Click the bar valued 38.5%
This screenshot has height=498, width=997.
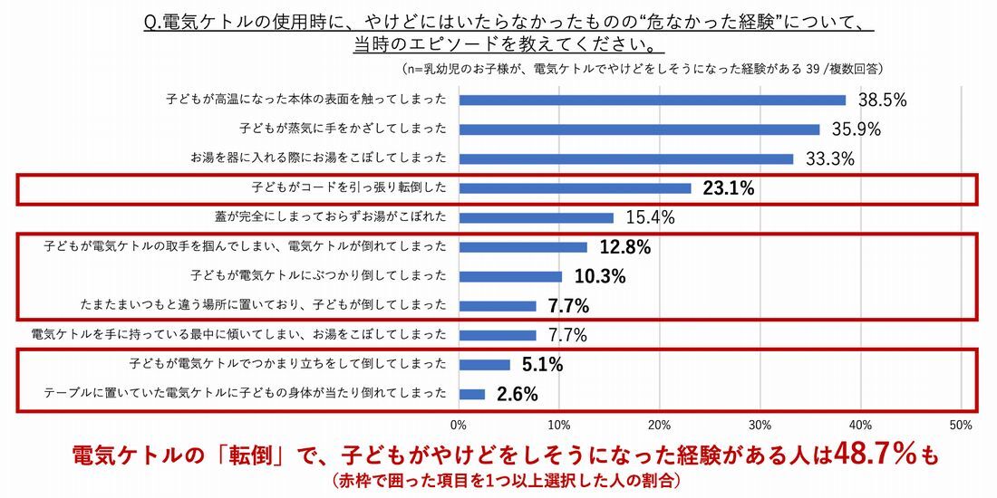tap(653, 100)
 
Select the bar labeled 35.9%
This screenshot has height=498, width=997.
tap(639, 129)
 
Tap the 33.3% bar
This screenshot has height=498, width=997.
tap(626, 158)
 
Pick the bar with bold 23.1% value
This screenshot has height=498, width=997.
tap(575, 188)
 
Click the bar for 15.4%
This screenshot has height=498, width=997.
tap(537, 217)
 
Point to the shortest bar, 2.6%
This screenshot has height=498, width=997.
tap(472, 394)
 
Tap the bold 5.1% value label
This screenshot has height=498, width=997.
tap(543, 365)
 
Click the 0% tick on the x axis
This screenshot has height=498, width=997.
tap(459, 424)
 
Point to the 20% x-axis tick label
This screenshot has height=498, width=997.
tap(659, 424)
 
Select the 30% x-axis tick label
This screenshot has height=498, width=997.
tap(760, 424)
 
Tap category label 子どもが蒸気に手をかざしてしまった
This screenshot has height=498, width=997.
tap(344, 129)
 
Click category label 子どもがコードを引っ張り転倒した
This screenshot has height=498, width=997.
tap(349, 188)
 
